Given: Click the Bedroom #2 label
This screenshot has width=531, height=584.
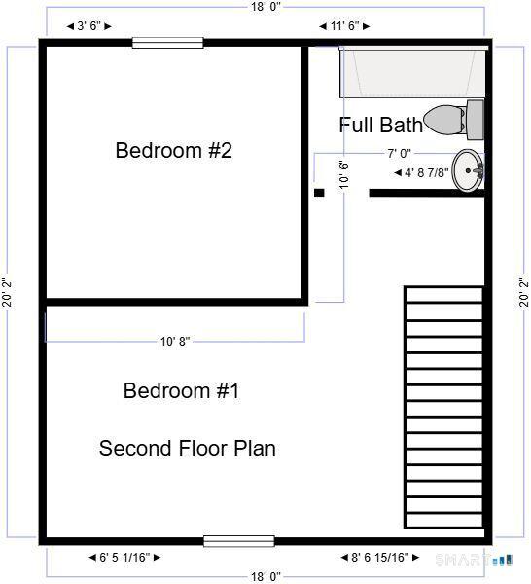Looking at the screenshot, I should (x=173, y=151).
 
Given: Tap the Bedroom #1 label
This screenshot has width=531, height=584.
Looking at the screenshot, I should (x=181, y=391).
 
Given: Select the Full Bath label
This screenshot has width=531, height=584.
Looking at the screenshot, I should (x=380, y=125).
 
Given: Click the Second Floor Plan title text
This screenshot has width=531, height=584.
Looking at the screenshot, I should (x=187, y=449).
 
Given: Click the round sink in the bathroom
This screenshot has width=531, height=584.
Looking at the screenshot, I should (x=469, y=170).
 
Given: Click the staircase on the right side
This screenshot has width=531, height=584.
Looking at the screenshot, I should (x=443, y=407).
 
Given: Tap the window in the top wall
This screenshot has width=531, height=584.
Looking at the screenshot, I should (x=167, y=42).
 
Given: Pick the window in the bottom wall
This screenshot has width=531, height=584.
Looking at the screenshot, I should (x=238, y=541).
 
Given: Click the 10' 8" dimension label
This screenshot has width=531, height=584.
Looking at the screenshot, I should (x=175, y=342).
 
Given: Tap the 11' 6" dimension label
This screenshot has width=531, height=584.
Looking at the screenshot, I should (x=344, y=26).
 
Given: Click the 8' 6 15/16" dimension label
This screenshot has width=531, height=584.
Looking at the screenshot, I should (x=380, y=558).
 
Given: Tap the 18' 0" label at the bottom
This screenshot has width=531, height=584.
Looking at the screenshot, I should (x=265, y=576).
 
